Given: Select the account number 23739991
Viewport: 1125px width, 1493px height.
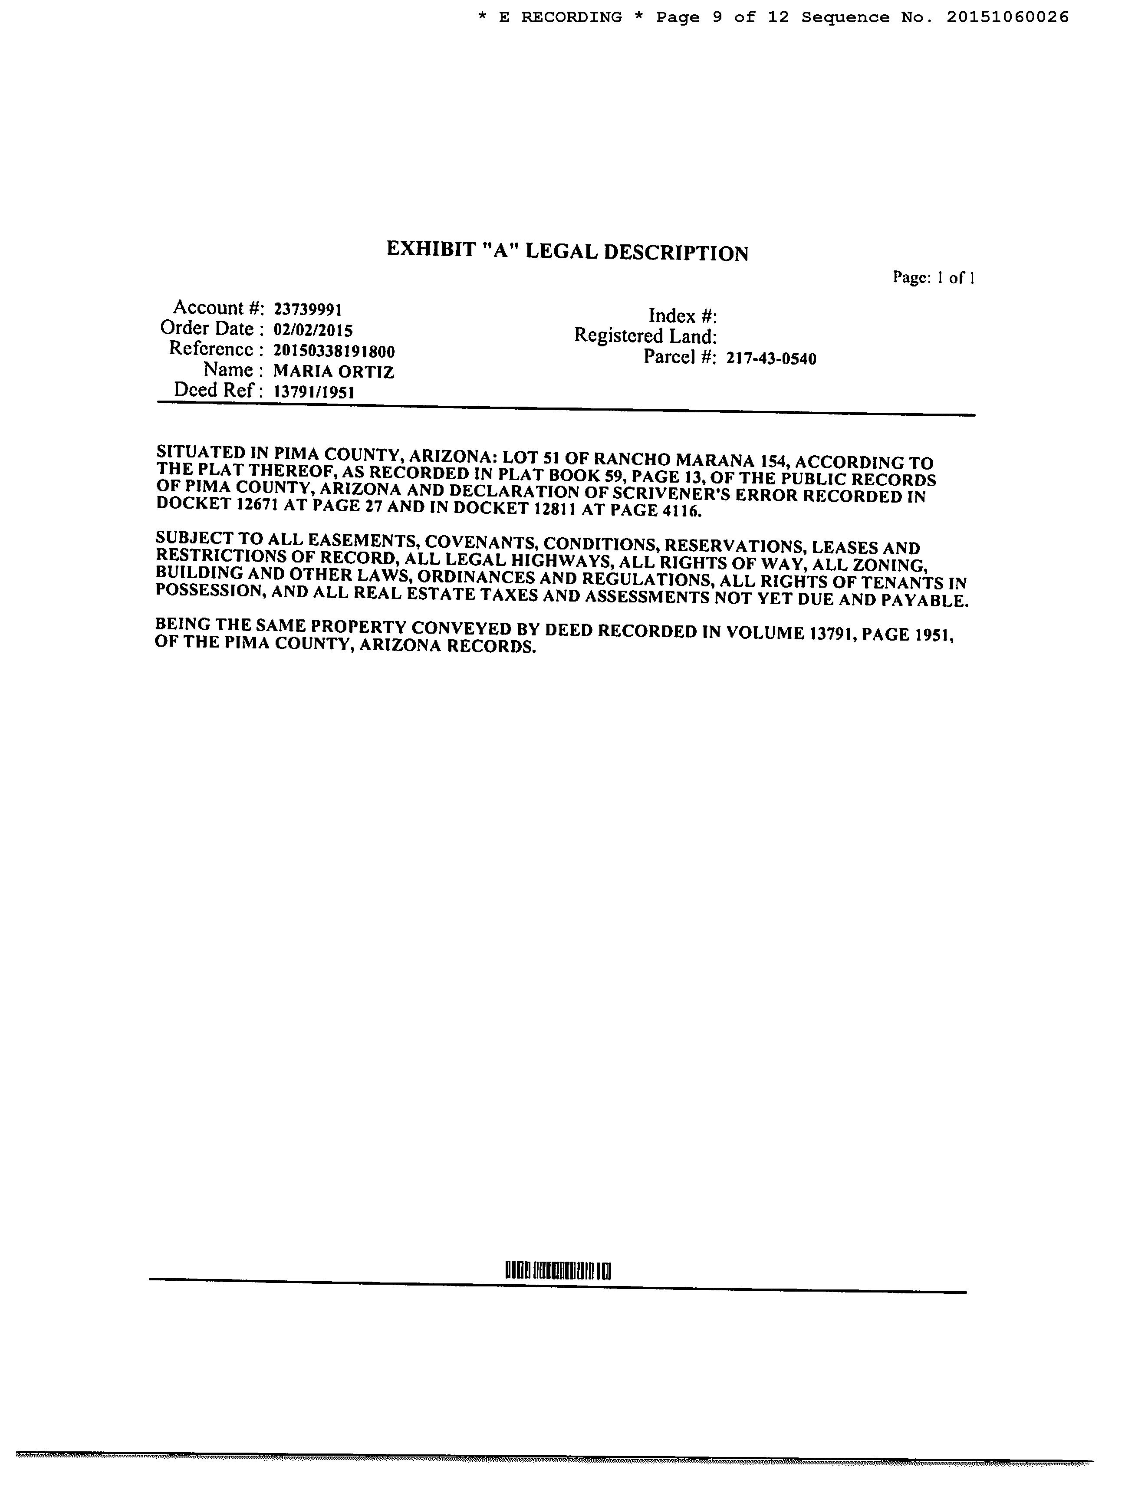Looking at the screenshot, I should click(x=308, y=310).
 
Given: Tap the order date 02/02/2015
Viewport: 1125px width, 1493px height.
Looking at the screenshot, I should click(x=313, y=330).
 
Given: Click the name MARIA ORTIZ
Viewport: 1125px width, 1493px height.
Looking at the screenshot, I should click(x=333, y=371).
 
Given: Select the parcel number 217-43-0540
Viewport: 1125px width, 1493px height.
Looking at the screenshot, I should click(x=771, y=358).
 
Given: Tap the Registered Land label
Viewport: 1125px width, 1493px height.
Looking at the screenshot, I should click(x=645, y=336).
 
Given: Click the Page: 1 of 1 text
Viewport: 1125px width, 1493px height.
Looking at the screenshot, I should click(x=933, y=277).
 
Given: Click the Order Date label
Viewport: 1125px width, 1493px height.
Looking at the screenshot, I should click(x=207, y=329).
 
